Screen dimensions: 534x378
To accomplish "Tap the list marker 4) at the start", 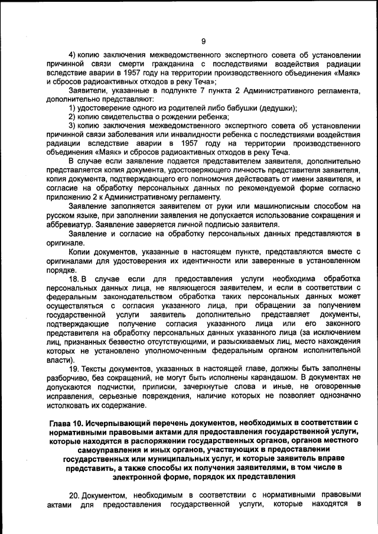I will [73, 57].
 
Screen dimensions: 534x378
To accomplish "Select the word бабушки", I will [234, 108].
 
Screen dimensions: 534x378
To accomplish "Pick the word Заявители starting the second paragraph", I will [87, 91].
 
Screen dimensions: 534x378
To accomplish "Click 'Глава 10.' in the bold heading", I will [66, 422].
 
